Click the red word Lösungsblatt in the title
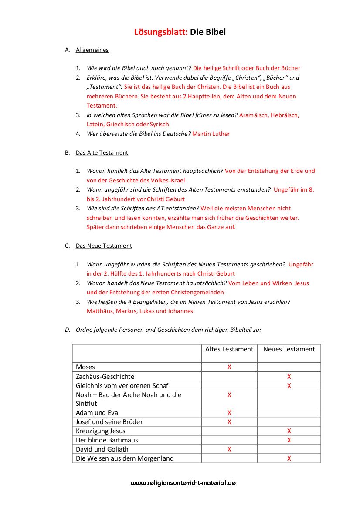pyautogui.click(x=161, y=32)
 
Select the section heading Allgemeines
pyautogui.click(x=92, y=50)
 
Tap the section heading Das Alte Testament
pyautogui.click(x=102, y=153)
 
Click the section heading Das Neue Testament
pyautogui.click(x=104, y=246)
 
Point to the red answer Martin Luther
pyautogui.click(x=211, y=134)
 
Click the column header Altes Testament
pyautogui.click(x=229, y=349)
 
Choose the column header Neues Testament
pyautogui.click(x=289, y=349)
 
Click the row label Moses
pyautogui.click(x=85, y=367)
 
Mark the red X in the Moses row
pyautogui.click(x=229, y=367)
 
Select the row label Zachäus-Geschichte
pyautogui.click(x=105, y=377)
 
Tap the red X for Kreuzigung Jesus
pyautogui.click(x=289, y=431)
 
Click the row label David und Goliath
pyautogui.click(x=102, y=449)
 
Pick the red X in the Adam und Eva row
pyautogui.click(x=229, y=413)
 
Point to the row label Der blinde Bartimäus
pyautogui.click(x=107, y=440)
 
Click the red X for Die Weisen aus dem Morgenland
pyautogui.click(x=289, y=458)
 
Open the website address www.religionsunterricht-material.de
pyautogui.click(x=183, y=483)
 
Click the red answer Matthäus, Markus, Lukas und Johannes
pyautogui.click(x=140, y=311)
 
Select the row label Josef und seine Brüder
pyautogui.click(x=109, y=422)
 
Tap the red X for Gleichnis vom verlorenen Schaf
pyautogui.click(x=289, y=386)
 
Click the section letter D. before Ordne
pyautogui.click(x=68, y=330)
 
